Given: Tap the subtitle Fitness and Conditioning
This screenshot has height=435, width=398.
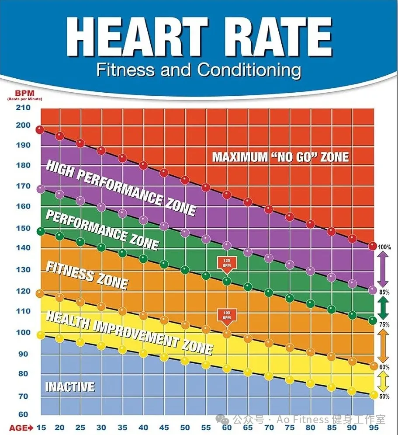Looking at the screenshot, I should pos(199,70).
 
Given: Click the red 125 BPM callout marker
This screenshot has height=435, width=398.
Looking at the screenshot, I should pos(226,264).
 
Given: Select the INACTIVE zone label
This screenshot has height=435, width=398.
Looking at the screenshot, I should pos(70,387).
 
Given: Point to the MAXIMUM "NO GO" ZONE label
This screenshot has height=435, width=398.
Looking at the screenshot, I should pos(280,157).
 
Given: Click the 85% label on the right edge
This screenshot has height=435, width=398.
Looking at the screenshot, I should pos(384,292).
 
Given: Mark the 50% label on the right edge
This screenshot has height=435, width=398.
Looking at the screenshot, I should pos(384,396).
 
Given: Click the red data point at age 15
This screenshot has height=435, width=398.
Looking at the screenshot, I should pos(40,130).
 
